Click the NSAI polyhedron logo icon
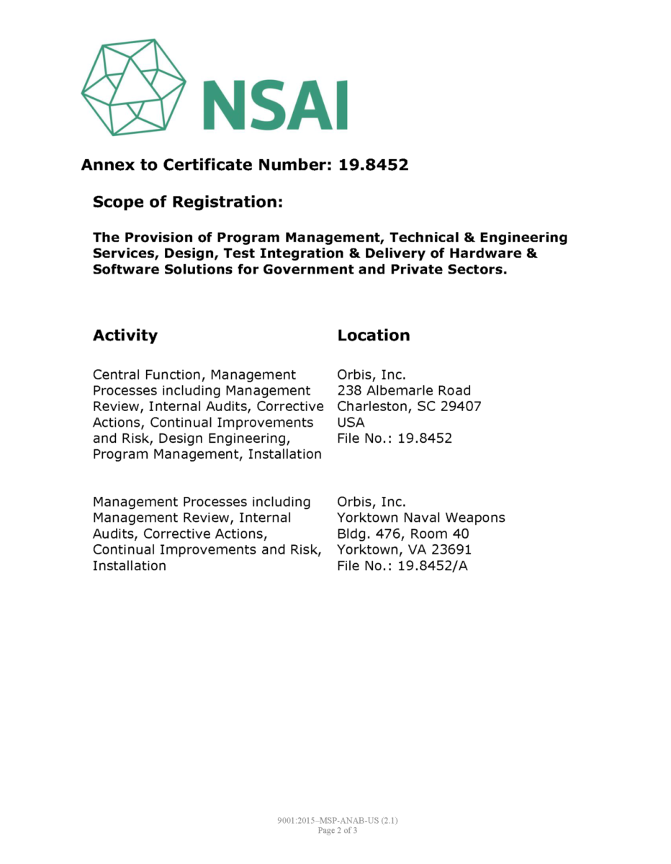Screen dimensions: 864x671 [133, 86]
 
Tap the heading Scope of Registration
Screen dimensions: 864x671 [187, 202]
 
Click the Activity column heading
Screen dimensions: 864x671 [125, 336]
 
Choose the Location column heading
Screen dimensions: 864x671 [374, 336]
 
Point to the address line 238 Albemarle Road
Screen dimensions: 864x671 [404, 391]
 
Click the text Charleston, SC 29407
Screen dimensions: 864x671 [409, 407]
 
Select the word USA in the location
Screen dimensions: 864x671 [351, 423]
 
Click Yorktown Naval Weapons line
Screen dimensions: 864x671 [421, 518]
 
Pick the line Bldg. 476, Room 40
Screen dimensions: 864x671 [403, 534]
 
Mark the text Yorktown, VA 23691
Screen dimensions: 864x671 [404, 550]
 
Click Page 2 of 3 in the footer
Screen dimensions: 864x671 [337, 830]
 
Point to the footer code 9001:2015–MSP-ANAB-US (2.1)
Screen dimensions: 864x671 [337, 821]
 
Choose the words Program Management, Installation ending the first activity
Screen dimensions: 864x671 [207, 454]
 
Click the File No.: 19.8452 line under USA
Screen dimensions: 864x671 [395, 438]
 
